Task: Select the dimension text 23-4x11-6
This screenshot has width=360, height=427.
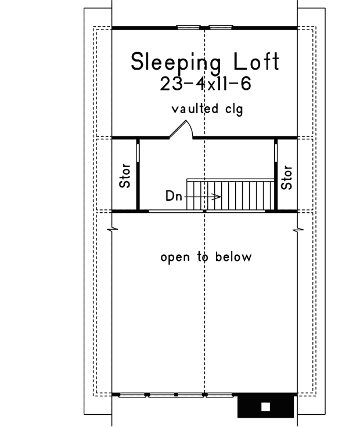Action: pos(204,84)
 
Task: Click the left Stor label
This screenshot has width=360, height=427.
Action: pos(125,177)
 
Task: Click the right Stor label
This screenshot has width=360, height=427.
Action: pos(286,177)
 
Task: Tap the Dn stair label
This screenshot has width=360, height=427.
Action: pos(174,196)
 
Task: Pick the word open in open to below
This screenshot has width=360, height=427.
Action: pos(174,257)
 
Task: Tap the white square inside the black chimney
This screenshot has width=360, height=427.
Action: pos(266,406)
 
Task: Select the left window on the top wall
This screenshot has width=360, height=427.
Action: pos(186,27)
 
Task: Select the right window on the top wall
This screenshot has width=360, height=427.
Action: pos(220,27)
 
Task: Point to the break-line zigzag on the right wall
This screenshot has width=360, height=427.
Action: pos(298,231)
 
